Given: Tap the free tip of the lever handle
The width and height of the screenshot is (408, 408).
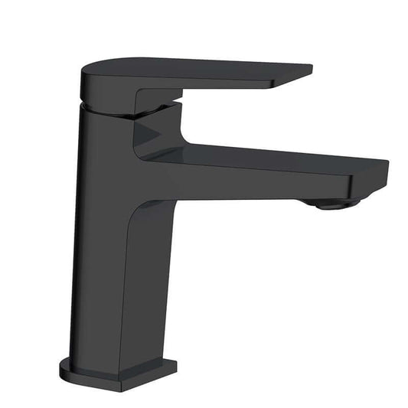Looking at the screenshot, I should [x=306, y=71].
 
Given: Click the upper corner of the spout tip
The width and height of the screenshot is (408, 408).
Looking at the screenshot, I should [x=383, y=163].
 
